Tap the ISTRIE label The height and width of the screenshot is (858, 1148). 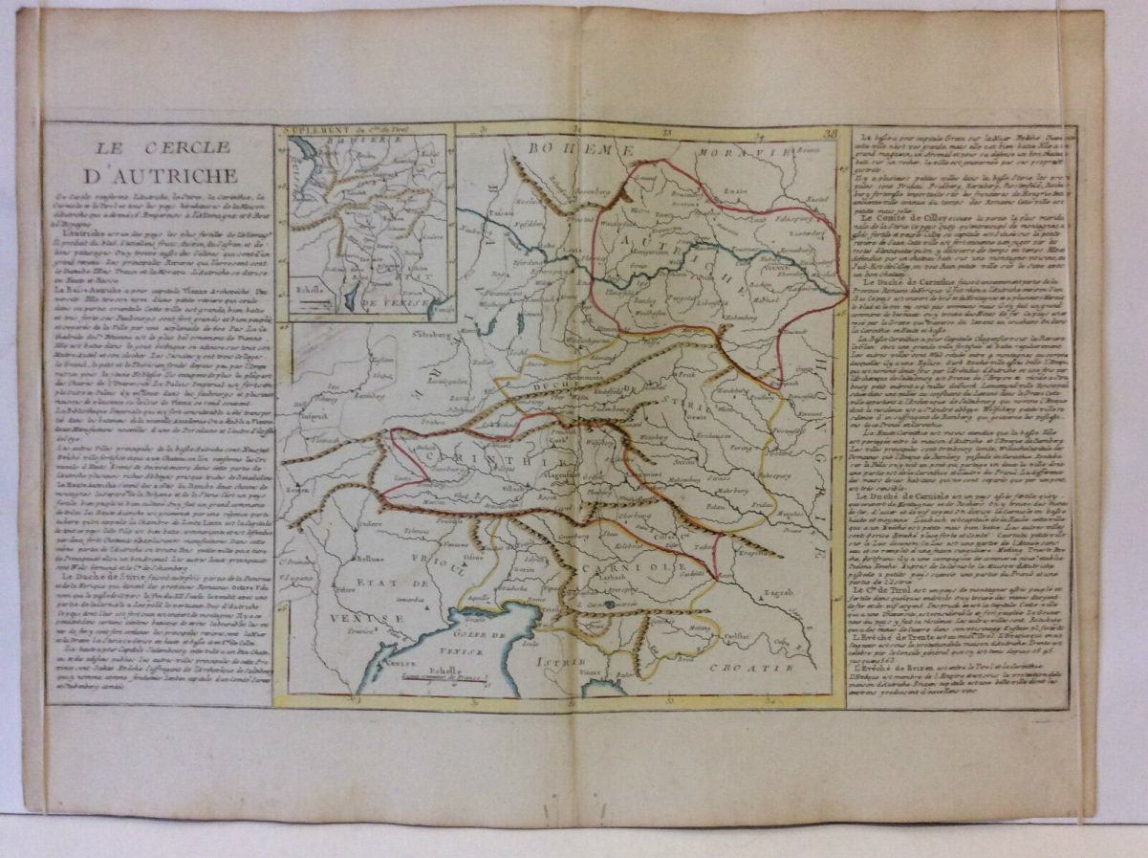(x=557, y=660)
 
